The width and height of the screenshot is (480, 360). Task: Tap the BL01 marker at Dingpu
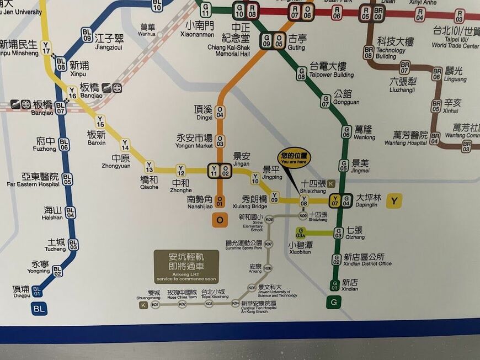click(x=37, y=290)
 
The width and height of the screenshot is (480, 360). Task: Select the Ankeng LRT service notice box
click(x=186, y=266)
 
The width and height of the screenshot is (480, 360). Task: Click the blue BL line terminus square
click(x=39, y=309)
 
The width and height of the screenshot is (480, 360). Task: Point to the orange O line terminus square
click(x=220, y=220)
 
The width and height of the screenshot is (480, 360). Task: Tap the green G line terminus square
click(x=333, y=302)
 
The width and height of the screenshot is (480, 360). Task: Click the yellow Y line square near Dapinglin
click(x=394, y=201)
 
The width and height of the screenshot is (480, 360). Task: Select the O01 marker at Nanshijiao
click(x=220, y=201)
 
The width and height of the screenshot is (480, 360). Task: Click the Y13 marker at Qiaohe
click(x=149, y=166)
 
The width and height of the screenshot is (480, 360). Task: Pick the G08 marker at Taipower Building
click(x=301, y=73)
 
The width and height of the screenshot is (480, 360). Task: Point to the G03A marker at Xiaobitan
click(x=301, y=232)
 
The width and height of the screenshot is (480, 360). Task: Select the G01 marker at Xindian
click(x=334, y=285)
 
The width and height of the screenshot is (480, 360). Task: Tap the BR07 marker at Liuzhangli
click(x=405, y=67)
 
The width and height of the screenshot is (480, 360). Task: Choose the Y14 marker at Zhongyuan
click(x=125, y=145)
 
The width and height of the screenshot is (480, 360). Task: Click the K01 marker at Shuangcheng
click(x=156, y=304)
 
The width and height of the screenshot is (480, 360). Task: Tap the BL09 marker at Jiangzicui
click(x=87, y=34)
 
